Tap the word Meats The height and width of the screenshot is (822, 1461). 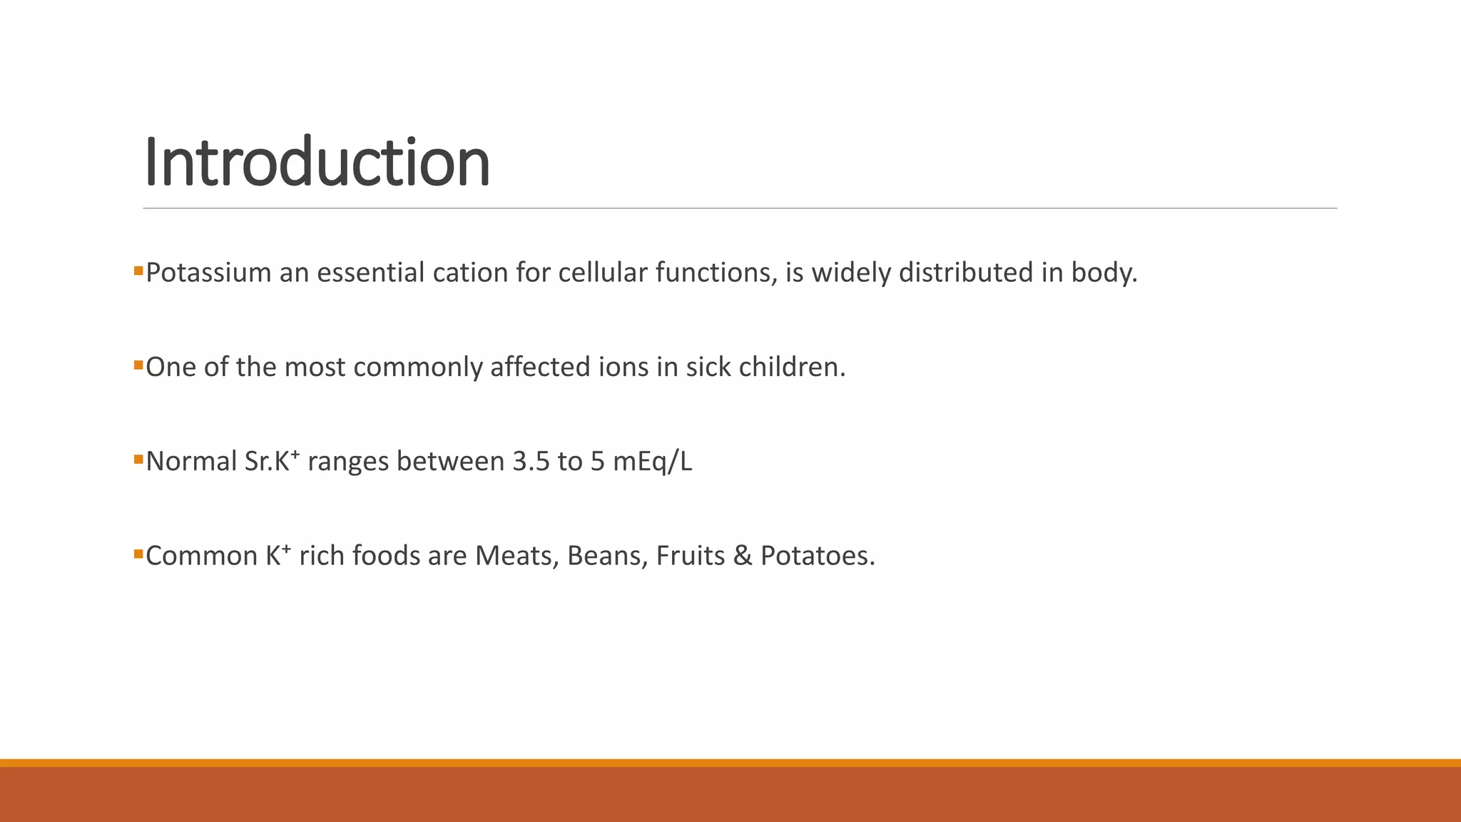pyautogui.click(x=516, y=556)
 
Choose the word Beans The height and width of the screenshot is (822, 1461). pyautogui.click(x=607, y=556)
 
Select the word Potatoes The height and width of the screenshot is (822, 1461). pyautogui.click(x=817, y=556)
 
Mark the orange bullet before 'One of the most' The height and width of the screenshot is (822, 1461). pyautogui.click(x=138, y=365)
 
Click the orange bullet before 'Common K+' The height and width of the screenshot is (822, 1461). pyautogui.click(x=138, y=554)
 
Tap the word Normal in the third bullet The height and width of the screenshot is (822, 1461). pyautogui.click(x=191, y=462)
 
